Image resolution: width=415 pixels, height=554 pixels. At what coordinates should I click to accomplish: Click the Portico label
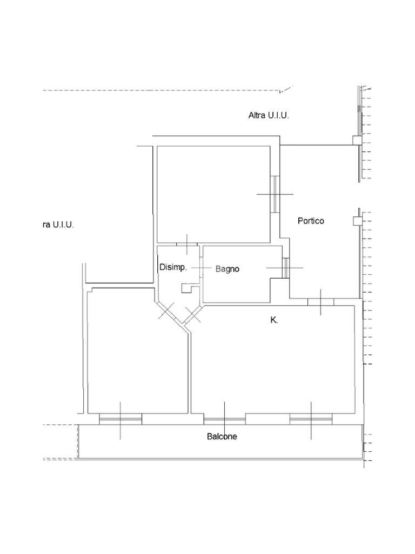tap(311, 221)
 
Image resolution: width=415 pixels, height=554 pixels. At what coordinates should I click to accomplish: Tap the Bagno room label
tap(227, 269)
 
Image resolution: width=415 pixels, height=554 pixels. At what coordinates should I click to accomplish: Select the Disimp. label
tap(173, 267)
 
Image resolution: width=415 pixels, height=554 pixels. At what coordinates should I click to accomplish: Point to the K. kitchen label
tap(274, 320)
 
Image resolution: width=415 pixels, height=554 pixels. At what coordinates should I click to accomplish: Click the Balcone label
tap(222, 437)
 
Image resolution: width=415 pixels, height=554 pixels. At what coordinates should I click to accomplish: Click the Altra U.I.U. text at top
tap(269, 115)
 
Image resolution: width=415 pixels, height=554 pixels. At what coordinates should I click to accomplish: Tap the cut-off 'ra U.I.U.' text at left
tap(58, 225)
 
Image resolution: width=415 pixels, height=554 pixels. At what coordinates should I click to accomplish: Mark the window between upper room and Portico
tap(275, 194)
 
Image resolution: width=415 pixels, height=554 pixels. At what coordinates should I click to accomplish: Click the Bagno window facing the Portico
tap(285, 268)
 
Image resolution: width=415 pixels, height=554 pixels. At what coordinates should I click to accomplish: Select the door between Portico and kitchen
tap(320, 302)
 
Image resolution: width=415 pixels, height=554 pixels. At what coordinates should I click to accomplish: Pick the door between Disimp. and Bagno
tap(201, 268)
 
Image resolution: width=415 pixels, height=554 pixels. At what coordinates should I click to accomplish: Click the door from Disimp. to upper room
tap(187, 244)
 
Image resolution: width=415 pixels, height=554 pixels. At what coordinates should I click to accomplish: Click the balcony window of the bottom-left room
tap(121, 419)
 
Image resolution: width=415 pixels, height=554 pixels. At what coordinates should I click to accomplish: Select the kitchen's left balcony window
tap(224, 419)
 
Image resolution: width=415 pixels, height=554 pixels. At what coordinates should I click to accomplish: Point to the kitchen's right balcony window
tap(311, 419)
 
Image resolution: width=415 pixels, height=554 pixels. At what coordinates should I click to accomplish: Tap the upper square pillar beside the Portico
tap(357, 141)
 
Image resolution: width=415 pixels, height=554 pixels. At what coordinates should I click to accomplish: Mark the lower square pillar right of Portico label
tap(357, 221)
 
